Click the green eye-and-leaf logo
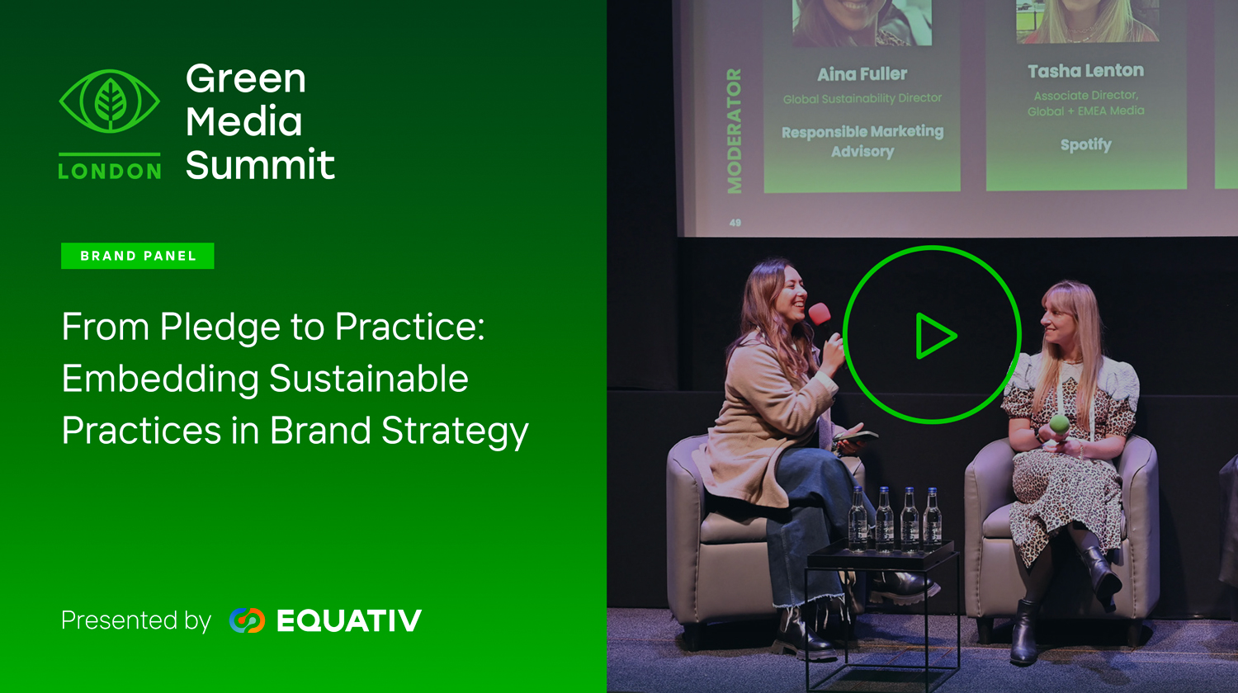pos(110,101)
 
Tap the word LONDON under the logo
pos(110,172)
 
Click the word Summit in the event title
pos(260,164)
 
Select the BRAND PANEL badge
pos(138,256)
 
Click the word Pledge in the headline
pos(220,328)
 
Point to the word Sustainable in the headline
pos(369,379)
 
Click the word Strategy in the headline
pos(455,431)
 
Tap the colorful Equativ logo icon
pos(247,620)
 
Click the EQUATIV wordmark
pos(349,620)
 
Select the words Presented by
pos(136,620)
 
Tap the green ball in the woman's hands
pos(1059,424)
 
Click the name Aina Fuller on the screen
pos(862,74)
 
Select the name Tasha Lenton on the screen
pos(1085,71)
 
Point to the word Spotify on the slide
pos(1085,145)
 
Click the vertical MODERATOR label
pos(734,131)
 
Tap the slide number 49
pos(735,223)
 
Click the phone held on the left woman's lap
pos(856,436)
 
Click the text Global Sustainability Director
pos(862,98)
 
